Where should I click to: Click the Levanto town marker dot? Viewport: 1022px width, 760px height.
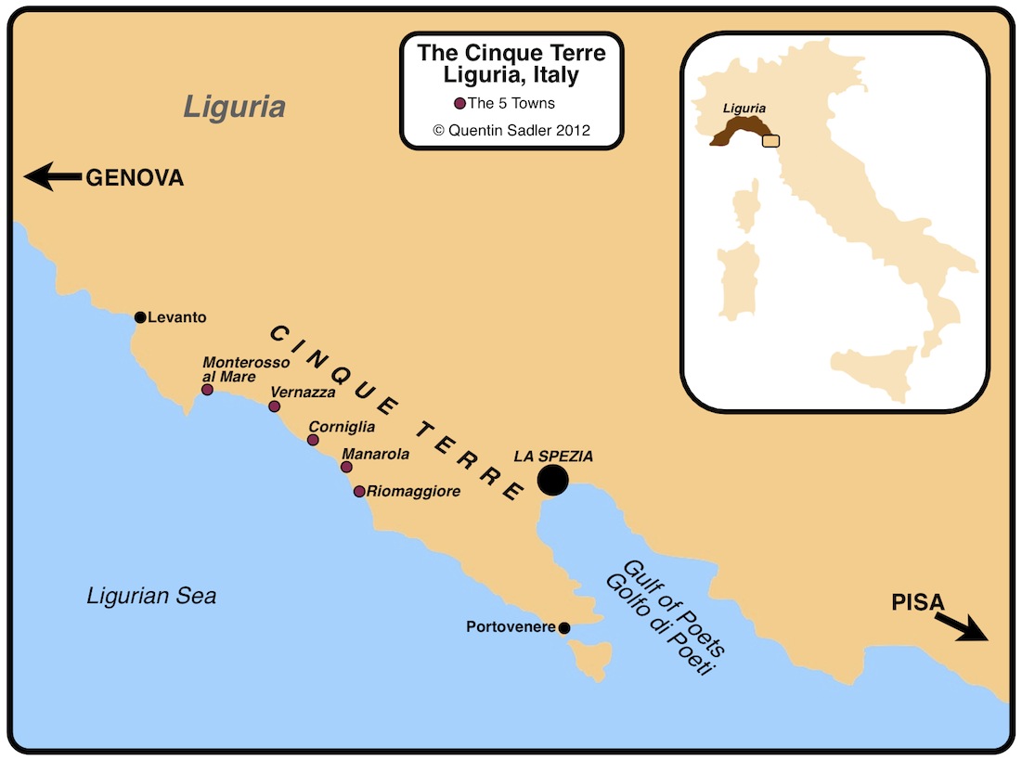point(140,317)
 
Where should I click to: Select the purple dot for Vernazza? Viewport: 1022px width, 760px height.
point(274,406)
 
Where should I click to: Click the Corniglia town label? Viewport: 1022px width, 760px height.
point(342,427)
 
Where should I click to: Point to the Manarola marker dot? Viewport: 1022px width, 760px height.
point(346,467)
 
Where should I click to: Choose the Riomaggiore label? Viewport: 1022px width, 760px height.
point(413,491)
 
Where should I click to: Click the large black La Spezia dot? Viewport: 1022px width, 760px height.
point(552,480)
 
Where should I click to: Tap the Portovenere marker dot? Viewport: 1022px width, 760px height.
point(564,628)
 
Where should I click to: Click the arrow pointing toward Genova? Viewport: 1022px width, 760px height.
point(52,176)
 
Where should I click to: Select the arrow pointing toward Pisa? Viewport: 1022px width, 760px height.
point(960,627)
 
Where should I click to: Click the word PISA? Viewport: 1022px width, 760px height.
point(917,602)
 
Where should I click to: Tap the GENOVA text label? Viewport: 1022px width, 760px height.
point(135,178)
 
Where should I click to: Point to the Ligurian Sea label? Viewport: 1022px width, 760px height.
point(151,595)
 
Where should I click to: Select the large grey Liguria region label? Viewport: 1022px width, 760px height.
point(234,107)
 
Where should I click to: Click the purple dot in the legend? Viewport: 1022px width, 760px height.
point(459,103)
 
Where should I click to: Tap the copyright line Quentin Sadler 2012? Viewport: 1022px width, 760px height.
point(511,130)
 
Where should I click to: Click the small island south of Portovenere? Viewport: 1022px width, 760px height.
point(591,660)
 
